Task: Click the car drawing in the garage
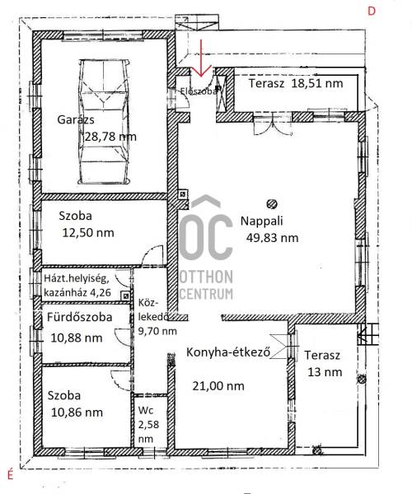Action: point(104,122)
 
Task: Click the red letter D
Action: point(372,12)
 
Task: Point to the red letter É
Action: point(11,474)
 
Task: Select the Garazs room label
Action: point(76,120)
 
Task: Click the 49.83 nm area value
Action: point(272,238)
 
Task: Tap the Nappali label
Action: point(262,221)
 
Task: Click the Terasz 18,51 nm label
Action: point(296,83)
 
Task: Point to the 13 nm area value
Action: point(325,372)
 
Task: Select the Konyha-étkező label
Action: point(228,352)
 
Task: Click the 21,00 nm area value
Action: point(218,386)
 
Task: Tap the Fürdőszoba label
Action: point(79,317)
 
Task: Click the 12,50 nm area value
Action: point(88,233)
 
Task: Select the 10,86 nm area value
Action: point(77,412)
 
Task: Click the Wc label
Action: point(146,410)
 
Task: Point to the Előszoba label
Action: point(199,91)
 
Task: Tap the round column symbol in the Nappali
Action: point(271,204)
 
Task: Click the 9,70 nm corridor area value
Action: point(157,331)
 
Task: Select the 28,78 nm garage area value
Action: point(110,137)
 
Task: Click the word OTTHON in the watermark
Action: point(206,277)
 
